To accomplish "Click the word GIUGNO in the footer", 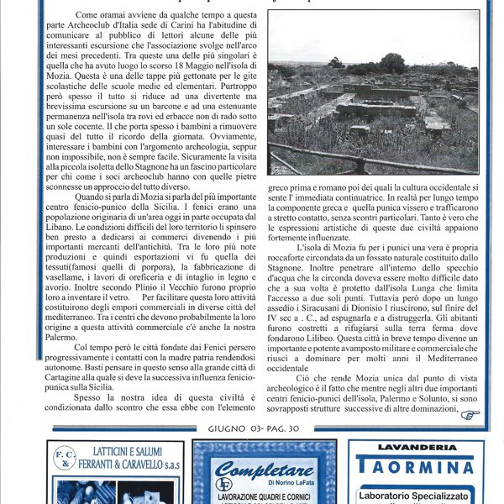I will click(223, 430).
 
